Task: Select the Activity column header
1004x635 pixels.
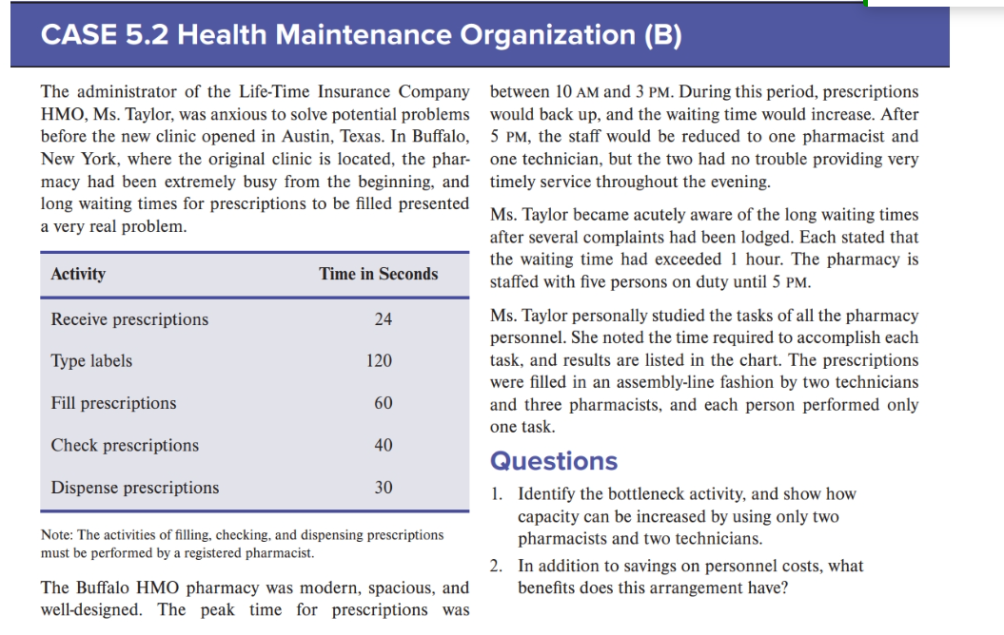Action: coord(78,274)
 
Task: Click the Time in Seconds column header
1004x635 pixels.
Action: coord(378,274)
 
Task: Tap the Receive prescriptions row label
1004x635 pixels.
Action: coord(129,319)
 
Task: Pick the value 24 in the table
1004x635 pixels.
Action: coord(383,319)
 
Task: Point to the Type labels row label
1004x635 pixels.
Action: coord(91,361)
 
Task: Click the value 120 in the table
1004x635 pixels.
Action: coord(379,361)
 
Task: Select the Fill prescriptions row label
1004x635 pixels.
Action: coord(113,403)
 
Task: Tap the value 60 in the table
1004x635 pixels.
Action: coord(383,403)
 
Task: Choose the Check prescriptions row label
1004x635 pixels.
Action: coord(125,445)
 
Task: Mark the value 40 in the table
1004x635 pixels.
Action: coord(383,445)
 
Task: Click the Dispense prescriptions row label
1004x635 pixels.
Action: coord(134,488)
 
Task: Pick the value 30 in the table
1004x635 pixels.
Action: coord(383,488)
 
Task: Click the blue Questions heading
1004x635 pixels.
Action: coord(553,461)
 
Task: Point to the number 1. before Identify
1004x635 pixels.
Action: coord(498,494)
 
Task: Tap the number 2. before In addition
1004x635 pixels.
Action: coord(498,567)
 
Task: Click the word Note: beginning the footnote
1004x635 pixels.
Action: coord(59,535)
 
